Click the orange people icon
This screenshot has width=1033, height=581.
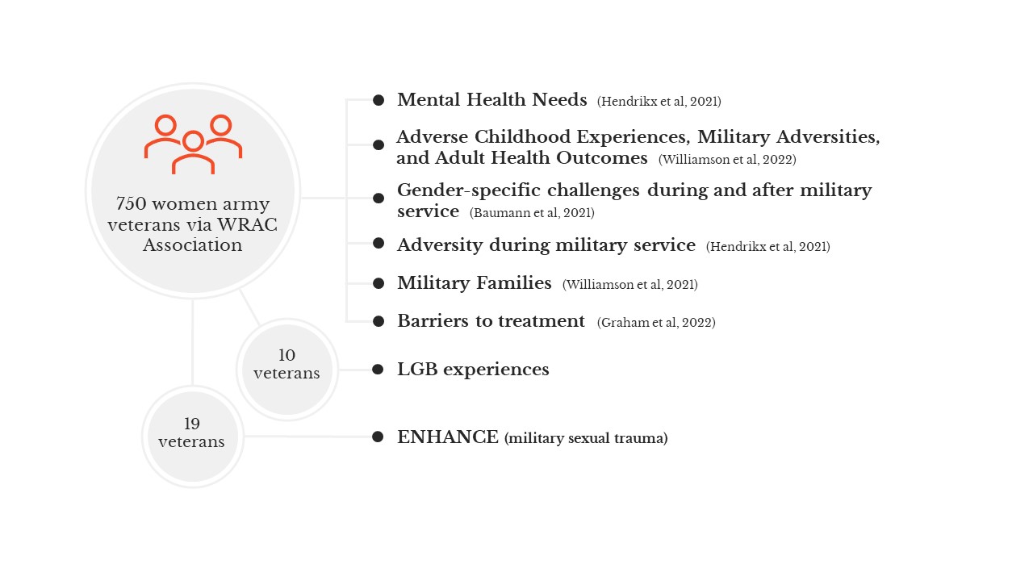coord(193,144)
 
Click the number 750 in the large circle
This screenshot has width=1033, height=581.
coord(131,203)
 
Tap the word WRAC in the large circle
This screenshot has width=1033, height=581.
coord(247,224)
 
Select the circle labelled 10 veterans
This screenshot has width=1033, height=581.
coord(286,370)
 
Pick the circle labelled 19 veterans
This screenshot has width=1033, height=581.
coord(192,437)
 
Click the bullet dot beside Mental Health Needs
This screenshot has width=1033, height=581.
coord(378,100)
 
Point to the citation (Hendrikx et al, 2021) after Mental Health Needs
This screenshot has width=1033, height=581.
coord(659,102)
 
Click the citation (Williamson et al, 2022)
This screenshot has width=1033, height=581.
coord(727,160)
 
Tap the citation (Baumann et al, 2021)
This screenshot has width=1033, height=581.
coord(532,212)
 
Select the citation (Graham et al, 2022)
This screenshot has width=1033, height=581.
coord(656,322)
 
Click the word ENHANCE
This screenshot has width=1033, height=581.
coord(448,437)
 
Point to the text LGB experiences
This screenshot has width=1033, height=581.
coord(473,370)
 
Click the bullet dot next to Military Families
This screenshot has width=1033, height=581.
coord(378,283)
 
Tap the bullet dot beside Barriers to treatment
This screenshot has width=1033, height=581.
coord(378,321)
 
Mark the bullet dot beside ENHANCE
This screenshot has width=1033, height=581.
coord(378,437)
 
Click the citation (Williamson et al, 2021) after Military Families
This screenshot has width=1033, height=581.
coord(630,285)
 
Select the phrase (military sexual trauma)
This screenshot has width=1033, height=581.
coord(586,438)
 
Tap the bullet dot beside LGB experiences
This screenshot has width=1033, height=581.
coord(378,370)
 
